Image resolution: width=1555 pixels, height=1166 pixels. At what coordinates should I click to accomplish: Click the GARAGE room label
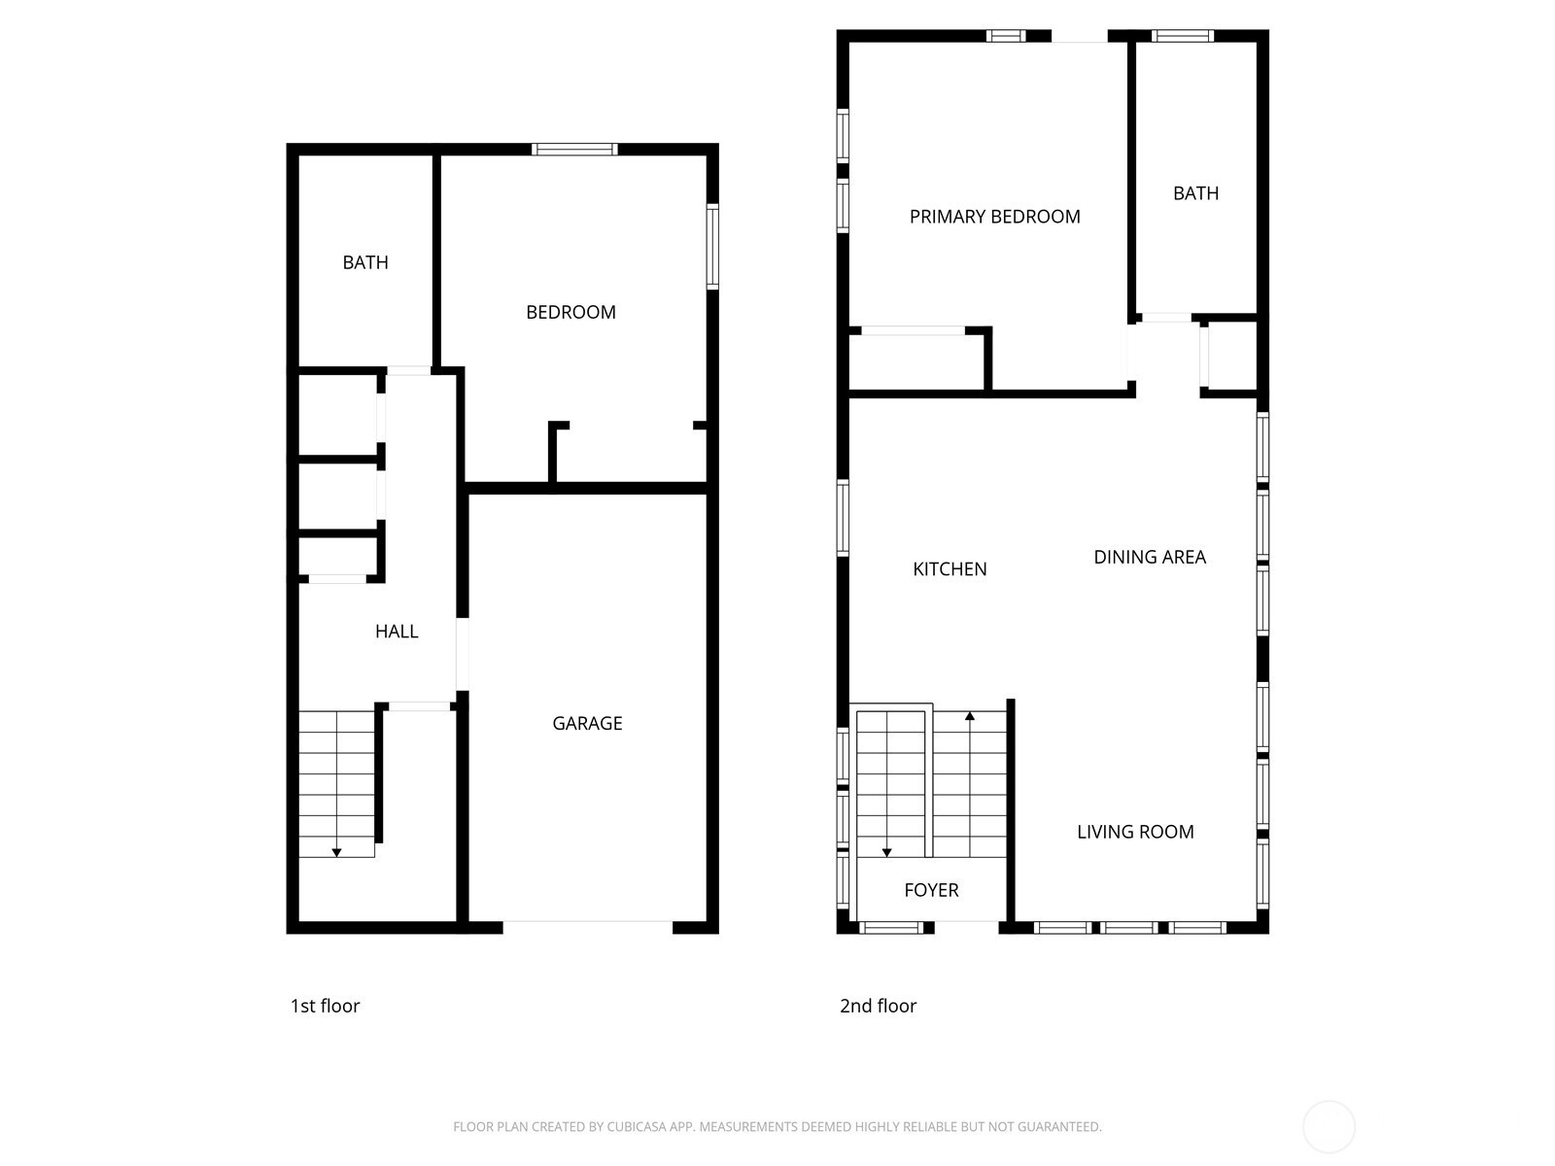click(587, 723)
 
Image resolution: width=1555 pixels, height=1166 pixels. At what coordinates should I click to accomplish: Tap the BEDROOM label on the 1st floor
click(570, 312)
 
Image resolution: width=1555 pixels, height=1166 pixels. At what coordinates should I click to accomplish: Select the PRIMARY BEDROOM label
click(994, 217)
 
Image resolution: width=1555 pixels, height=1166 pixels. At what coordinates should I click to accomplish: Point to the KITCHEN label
click(950, 569)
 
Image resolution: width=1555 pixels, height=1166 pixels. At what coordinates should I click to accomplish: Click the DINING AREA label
click(1149, 557)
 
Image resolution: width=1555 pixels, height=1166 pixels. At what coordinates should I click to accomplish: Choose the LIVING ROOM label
click(1135, 832)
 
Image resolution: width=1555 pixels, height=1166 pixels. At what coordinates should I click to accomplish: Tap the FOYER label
click(931, 890)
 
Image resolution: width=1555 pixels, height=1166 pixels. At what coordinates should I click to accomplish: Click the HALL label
click(396, 632)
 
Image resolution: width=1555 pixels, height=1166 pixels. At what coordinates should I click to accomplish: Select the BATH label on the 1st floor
click(364, 262)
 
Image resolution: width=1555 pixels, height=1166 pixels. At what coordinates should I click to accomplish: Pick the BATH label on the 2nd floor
click(1195, 193)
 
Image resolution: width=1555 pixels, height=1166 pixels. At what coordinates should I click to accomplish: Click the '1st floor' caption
click(325, 1006)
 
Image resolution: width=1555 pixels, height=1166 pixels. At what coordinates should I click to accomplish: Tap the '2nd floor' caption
click(878, 1006)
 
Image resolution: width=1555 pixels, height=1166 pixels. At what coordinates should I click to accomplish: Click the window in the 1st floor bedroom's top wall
click(574, 149)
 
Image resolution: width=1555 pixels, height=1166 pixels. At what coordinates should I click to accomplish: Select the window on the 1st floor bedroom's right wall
click(712, 247)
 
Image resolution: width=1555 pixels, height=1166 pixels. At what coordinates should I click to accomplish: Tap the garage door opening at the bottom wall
click(587, 927)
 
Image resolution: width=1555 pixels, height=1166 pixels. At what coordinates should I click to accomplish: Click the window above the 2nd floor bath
click(1182, 35)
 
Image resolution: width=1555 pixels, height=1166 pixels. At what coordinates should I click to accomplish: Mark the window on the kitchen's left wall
click(843, 518)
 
